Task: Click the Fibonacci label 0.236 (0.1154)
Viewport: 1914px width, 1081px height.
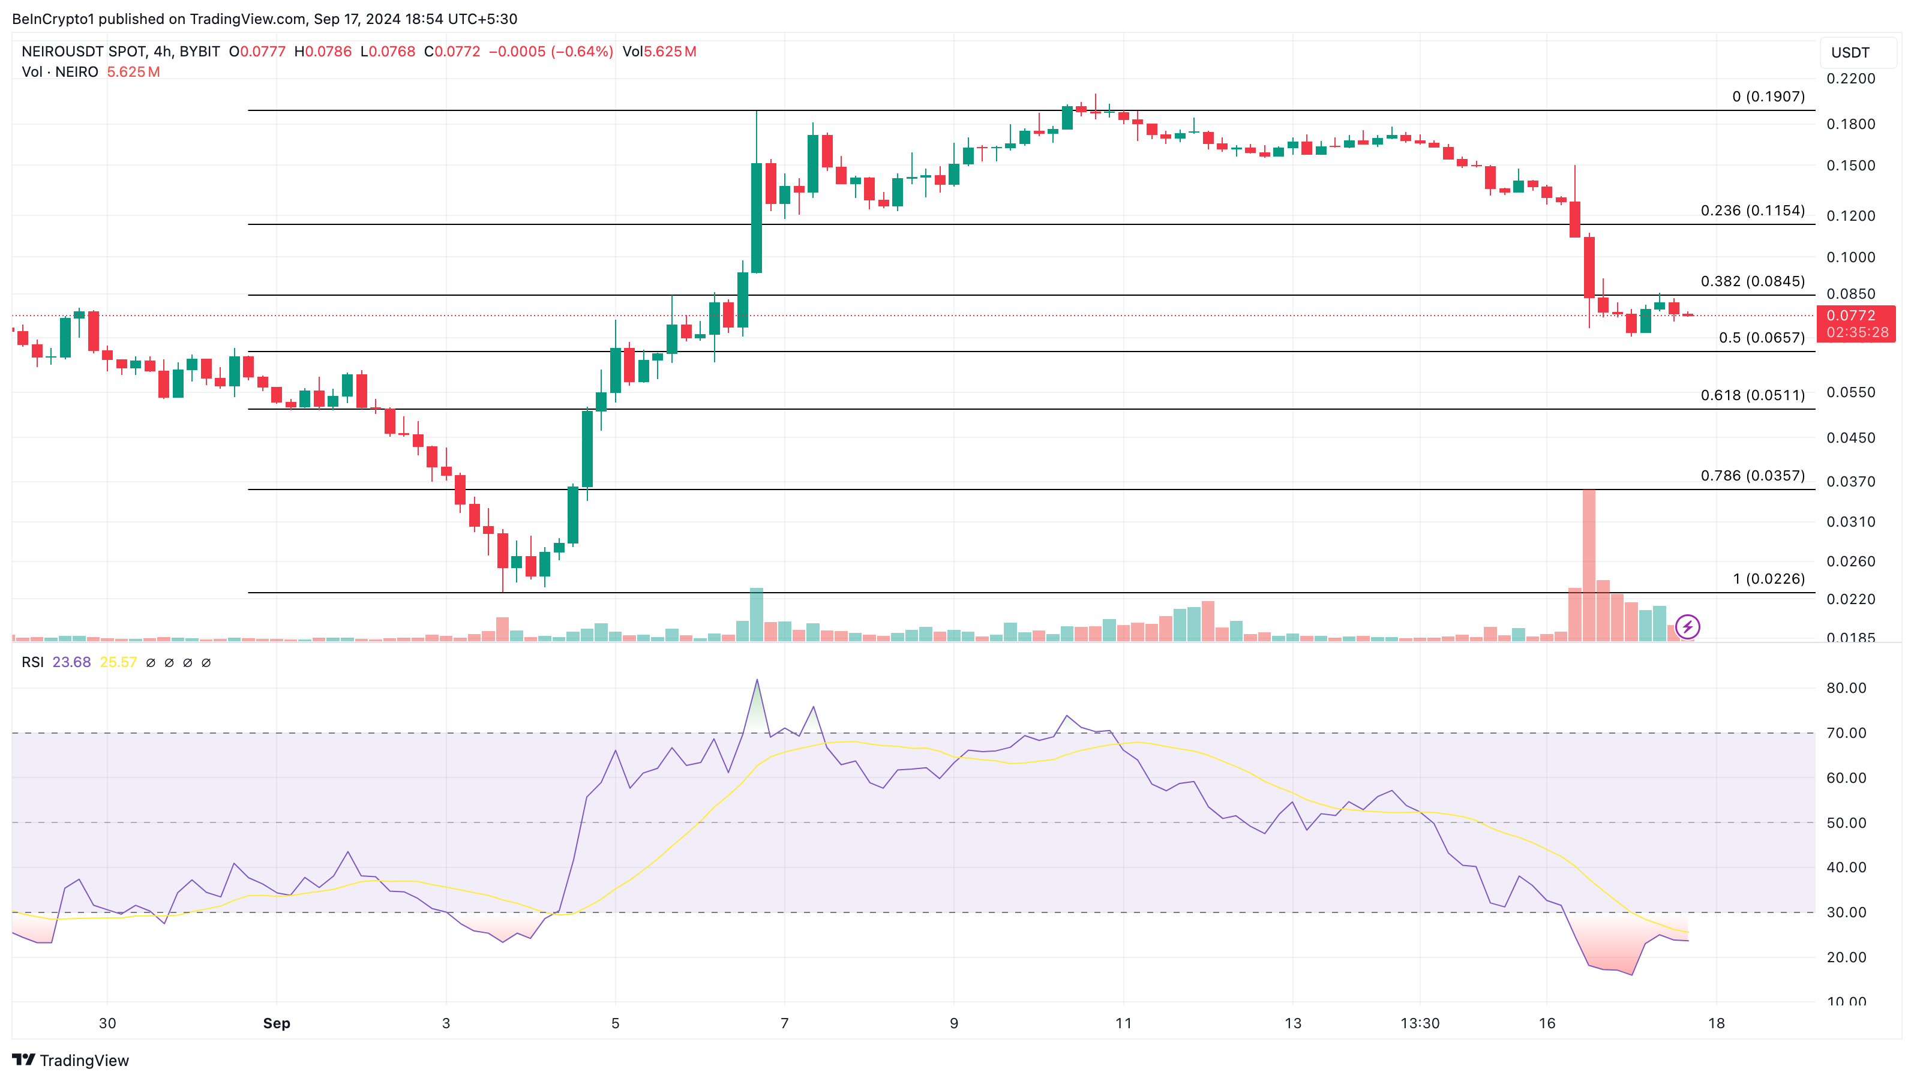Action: tap(1752, 211)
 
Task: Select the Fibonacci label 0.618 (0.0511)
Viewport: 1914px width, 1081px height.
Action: tap(1752, 395)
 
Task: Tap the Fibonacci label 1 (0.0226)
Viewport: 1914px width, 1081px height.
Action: tap(1768, 579)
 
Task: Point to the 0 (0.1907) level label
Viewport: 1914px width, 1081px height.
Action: tap(1768, 97)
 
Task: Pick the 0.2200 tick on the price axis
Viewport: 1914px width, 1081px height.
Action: tap(1850, 79)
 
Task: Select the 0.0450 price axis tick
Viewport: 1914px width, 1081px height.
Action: tap(1850, 437)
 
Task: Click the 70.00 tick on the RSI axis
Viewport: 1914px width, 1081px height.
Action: tap(1846, 733)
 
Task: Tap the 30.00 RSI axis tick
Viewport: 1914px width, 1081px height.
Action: tap(1846, 912)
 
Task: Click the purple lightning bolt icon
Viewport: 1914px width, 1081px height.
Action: tap(1687, 627)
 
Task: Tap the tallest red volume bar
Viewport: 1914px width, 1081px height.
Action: tap(1589, 564)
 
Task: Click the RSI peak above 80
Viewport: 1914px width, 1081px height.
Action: tap(757, 680)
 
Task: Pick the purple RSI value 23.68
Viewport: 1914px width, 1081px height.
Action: tap(71, 662)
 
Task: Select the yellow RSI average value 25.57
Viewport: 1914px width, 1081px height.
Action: tap(118, 662)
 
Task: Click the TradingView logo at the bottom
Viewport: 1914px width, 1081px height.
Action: tap(71, 1060)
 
